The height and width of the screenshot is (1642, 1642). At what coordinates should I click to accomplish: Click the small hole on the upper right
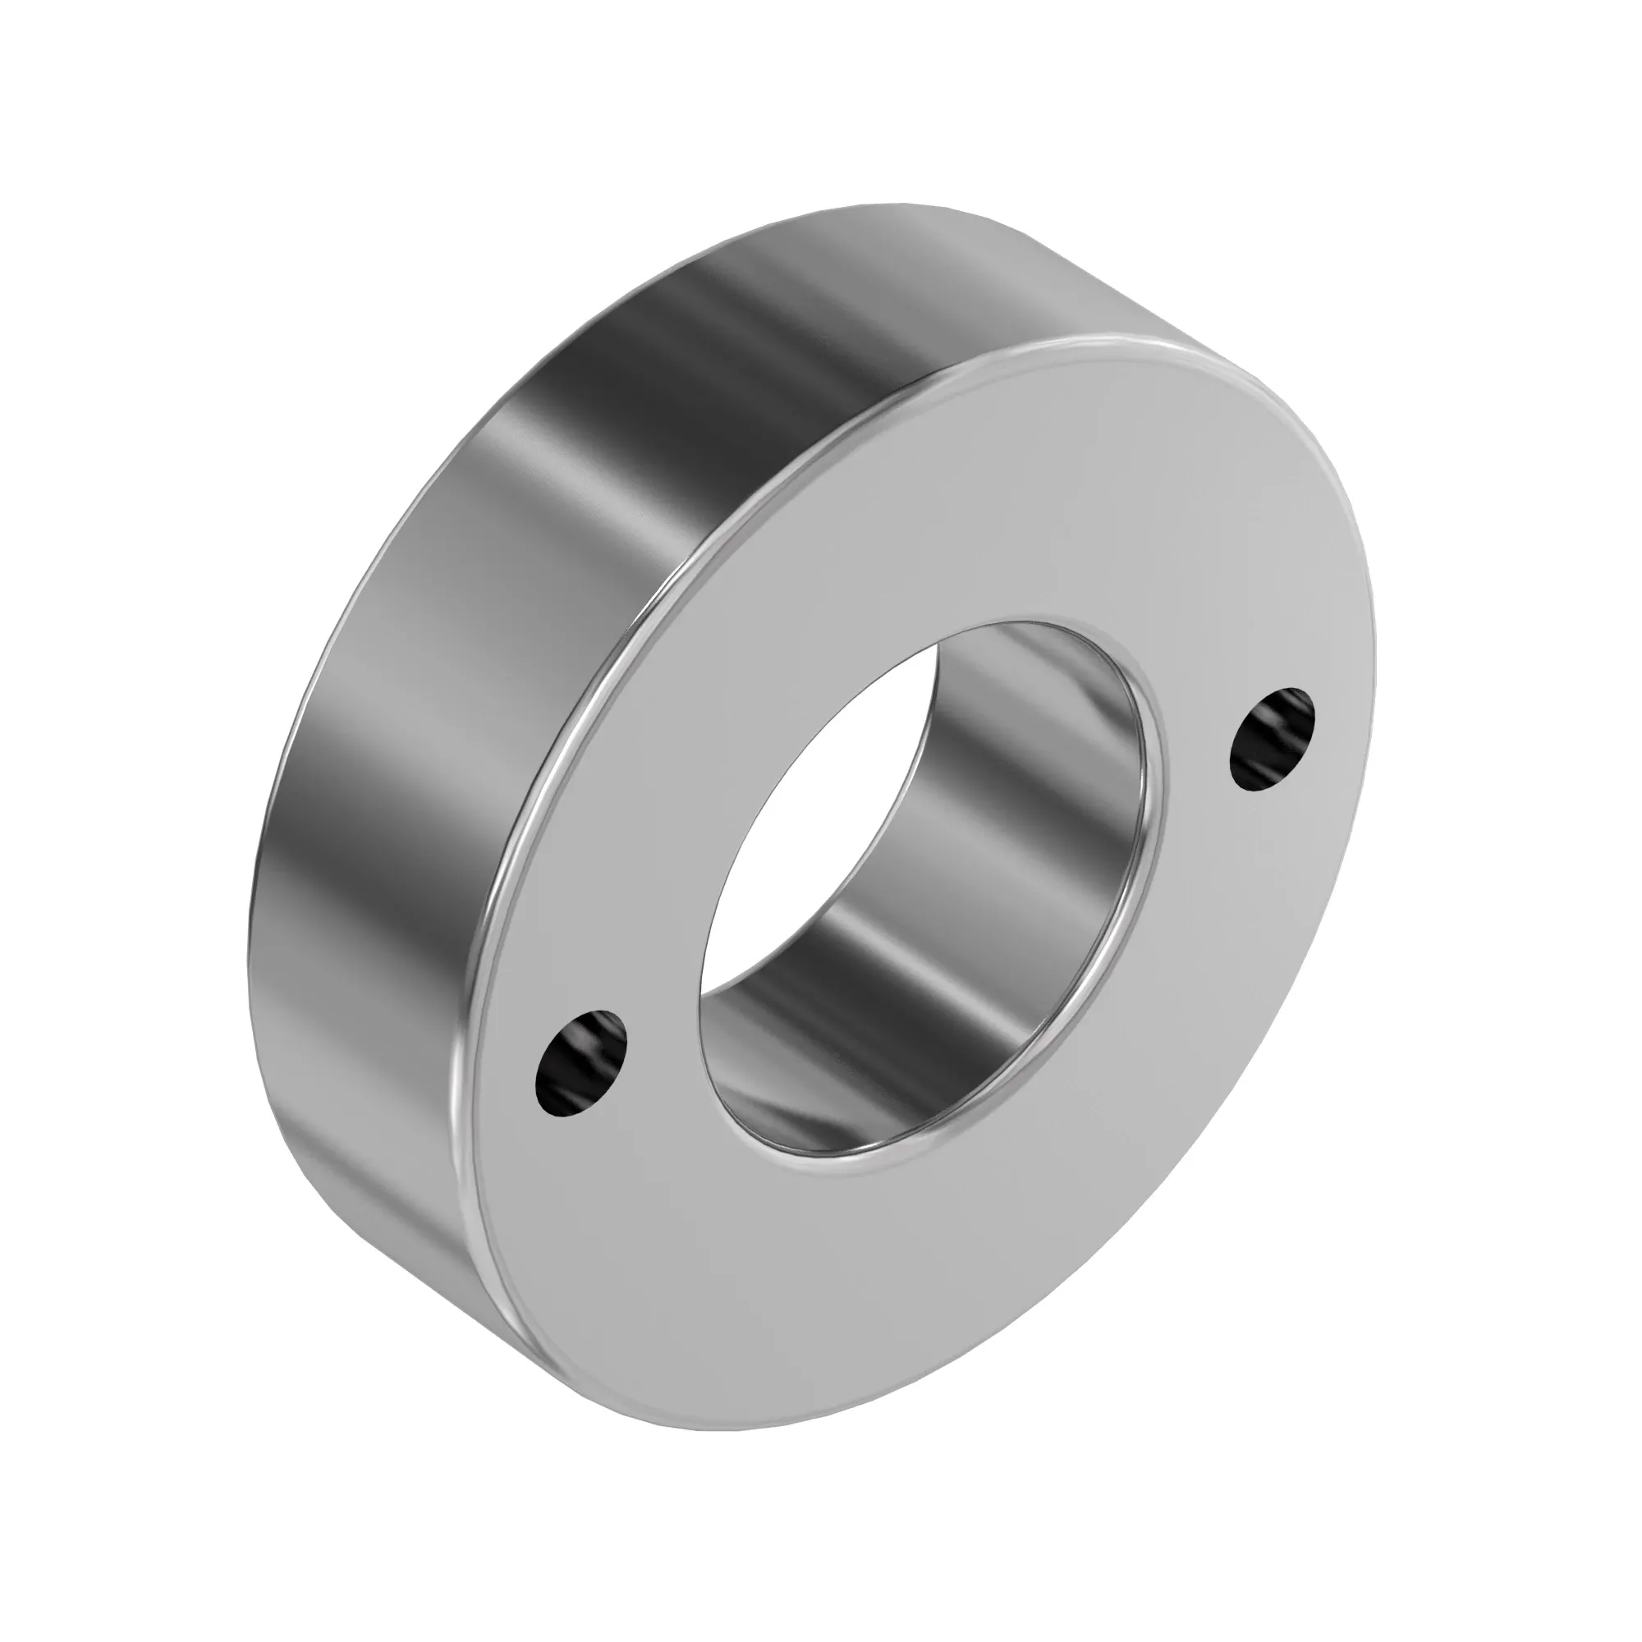coord(1272,739)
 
